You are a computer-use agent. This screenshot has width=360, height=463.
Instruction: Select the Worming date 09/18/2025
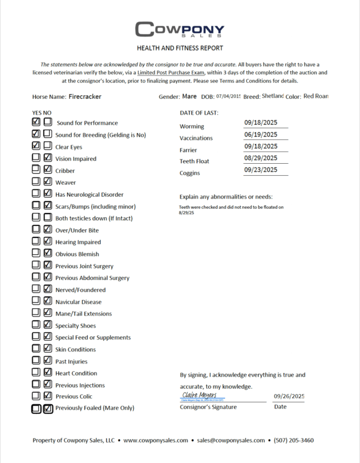coord(260,122)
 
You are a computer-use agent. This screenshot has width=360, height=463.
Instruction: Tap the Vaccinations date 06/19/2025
coord(260,134)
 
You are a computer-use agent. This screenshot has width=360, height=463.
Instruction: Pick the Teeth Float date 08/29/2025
coord(260,158)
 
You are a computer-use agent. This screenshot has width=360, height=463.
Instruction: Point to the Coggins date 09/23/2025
coord(260,170)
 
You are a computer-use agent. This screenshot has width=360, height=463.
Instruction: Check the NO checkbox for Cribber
coord(47,170)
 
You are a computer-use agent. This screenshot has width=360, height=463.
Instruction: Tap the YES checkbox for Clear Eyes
coord(36,146)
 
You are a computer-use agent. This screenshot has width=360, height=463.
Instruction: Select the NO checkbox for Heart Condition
coord(47,372)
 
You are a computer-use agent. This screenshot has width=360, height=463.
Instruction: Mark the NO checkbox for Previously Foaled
coord(48,408)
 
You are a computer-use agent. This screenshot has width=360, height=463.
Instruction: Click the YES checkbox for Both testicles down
coord(36,218)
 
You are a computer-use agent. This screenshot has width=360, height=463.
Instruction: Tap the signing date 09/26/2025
coord(289,396)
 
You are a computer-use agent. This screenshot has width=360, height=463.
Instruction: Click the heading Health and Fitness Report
coord(179,48)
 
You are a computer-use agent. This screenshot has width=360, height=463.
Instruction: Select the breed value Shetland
coord(272,96)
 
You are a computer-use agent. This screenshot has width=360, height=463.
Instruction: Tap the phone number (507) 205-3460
coord(293,440)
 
